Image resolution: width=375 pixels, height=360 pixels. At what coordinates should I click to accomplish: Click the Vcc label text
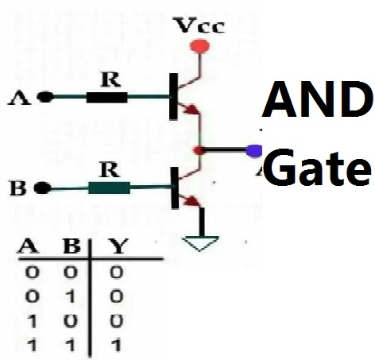(x=200, y=25)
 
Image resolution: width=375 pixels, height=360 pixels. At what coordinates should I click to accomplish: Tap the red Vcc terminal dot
(x=199, y=46)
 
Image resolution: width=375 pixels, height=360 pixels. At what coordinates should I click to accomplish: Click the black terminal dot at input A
(x=45, y=97)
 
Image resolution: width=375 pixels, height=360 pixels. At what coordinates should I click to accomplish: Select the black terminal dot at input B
(x=42, y=188)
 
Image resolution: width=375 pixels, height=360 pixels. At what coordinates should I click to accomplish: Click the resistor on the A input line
(x=107, y=97)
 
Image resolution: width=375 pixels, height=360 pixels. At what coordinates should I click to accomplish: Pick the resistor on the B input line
(x=109, y=188)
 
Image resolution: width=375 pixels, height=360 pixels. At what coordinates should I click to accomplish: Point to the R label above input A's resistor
(x=110, y=79)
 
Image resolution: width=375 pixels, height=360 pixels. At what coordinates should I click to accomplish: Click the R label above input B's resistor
(x=110, y=169)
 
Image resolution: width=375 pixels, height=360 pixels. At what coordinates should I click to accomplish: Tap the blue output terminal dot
(x=254, y=151)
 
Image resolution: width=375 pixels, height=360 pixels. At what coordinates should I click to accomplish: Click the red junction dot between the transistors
(x=199, y=150)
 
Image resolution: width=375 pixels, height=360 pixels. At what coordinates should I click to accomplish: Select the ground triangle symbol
(x=200, y=243)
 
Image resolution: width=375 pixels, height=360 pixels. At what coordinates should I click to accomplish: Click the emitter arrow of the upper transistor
(x=192, y=109)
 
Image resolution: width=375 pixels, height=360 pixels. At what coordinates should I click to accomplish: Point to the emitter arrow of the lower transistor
(x=192, y=201)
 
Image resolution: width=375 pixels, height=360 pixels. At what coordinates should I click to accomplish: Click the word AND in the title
(x=318, y=99)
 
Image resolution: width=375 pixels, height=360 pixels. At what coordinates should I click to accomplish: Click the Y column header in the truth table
(x=119, y=246)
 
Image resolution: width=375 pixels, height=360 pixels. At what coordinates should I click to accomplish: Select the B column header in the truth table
(x=72, y=246)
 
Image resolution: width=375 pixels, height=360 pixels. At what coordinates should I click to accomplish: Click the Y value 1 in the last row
(x=117, y=346)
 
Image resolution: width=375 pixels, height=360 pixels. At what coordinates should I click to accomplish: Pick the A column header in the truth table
(x=29, y=246)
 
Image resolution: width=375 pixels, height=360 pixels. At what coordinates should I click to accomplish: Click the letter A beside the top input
(x=19, y=98)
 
